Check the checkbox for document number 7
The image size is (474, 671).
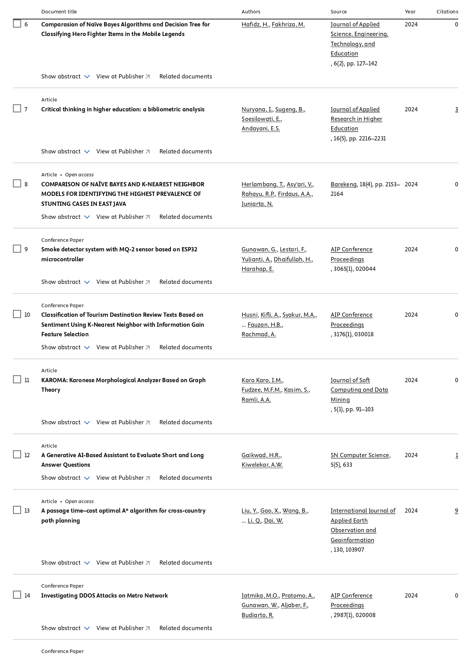[17, 109]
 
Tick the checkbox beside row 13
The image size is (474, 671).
[17, 510]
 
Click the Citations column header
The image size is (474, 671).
[447, 11]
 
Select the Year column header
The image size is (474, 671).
[410, 11]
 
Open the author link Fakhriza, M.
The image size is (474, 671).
[288, 24]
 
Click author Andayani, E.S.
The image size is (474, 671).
[261, 129]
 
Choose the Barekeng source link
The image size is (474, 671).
[343, 184]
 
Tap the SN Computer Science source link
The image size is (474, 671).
[360, 455]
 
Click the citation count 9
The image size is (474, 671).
[456, 511]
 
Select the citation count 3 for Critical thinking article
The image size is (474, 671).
[456, 109]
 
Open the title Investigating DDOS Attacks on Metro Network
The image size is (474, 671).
[104, 596]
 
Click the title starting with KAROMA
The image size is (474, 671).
[123, 380]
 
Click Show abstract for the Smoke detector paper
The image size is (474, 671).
[65, 282]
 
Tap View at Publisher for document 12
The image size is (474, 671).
[123, 478]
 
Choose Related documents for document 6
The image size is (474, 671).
[185, 77]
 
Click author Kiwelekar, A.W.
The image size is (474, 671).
[262, 465]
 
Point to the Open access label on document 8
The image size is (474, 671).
[79, 175]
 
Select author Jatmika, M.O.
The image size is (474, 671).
[260, 596]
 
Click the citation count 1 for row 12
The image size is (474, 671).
[456, 455]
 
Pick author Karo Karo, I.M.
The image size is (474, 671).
[262, 380]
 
